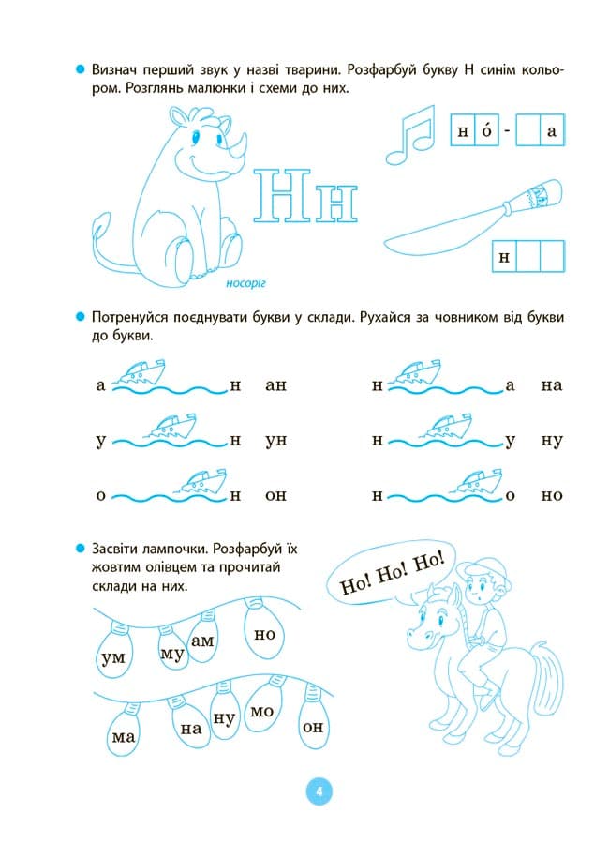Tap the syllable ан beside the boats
coord(275,385)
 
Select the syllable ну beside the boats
coord(551,440)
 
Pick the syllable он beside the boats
coord(275,495)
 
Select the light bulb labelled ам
coord(202,640)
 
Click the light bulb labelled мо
coord(261,714)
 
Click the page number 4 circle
coord(319,791)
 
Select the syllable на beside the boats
coord(551,385)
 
